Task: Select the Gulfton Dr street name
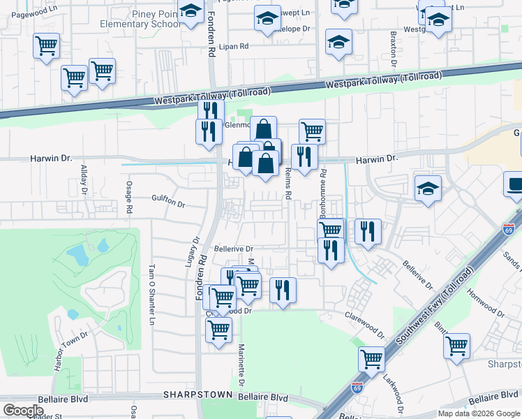[x=168, y=205]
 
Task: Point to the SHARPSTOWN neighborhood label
[x=197, y=395]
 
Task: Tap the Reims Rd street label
[x=287, y=187]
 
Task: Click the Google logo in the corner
[x=23, y=411]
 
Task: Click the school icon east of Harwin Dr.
[x=428, y=188]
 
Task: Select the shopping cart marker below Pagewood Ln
[x=46, y=46]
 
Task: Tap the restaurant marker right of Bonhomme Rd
[x=368, y=231]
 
